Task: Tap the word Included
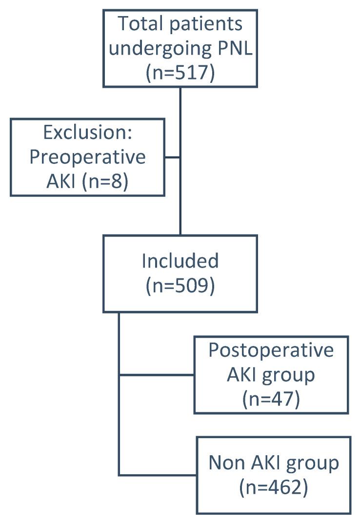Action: click(180, 261)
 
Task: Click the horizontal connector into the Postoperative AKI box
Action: click(156, 375)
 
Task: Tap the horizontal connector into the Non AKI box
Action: click(157, 474)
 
